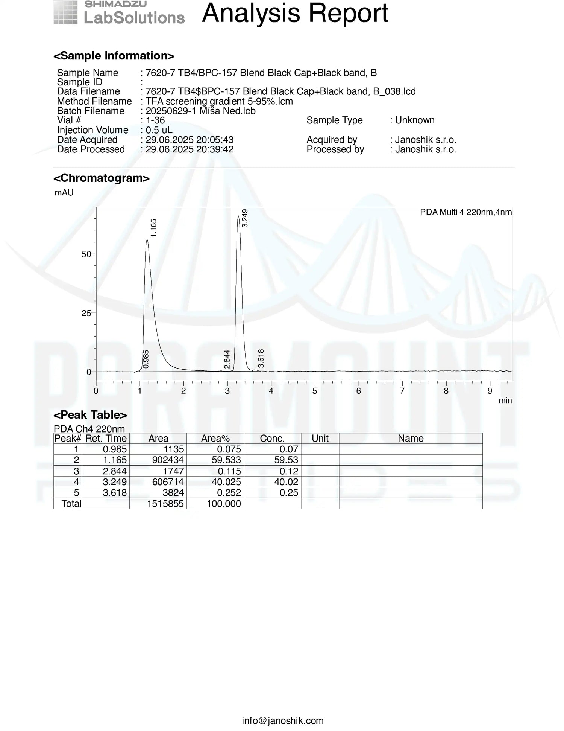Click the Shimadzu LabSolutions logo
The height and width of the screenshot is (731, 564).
click(x=119, y=13)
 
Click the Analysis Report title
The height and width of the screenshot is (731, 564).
click(x=295, y=14)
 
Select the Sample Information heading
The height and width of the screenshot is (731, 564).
click(x=114, y=56)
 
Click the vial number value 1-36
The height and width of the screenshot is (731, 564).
click(x=155, y=120)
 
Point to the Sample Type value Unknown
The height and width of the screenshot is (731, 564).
click(x=415, y=120)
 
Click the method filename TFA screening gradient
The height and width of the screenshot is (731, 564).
click(x=219, y=101)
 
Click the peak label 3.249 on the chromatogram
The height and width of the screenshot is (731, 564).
click(x=245, y=218)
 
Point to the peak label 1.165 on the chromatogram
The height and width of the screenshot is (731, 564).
click(x=153, y=228)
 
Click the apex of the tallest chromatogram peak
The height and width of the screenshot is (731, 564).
click(x=238, y=216)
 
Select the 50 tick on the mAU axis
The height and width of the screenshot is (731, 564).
click(x=86, y=254)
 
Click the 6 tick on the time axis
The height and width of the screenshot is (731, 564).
click(x=358, y=391)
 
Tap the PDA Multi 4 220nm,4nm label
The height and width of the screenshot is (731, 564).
click(x=465, y=212)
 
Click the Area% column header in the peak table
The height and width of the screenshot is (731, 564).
click(x=215, y=439)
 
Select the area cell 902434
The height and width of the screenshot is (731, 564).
click(x=168, y=460)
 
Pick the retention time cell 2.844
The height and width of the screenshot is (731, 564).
click(x=115, y=471)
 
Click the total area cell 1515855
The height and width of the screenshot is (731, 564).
click(x=165, y=504)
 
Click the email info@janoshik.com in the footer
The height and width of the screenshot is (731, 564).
click(x=282, y=720)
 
